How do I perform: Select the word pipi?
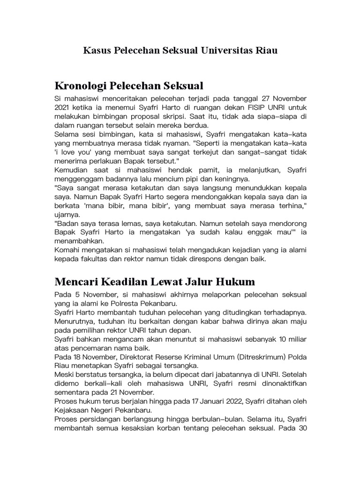pos(197,179)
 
